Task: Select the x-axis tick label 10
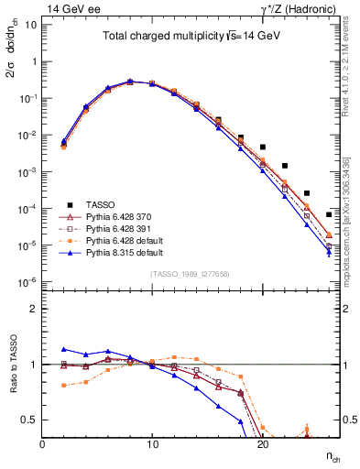coord(152,442)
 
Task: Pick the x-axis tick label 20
coord(262,442)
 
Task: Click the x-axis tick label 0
coord(42,442)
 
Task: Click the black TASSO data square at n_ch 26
coord(329,214)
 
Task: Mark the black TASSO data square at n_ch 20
coord(263,147)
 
